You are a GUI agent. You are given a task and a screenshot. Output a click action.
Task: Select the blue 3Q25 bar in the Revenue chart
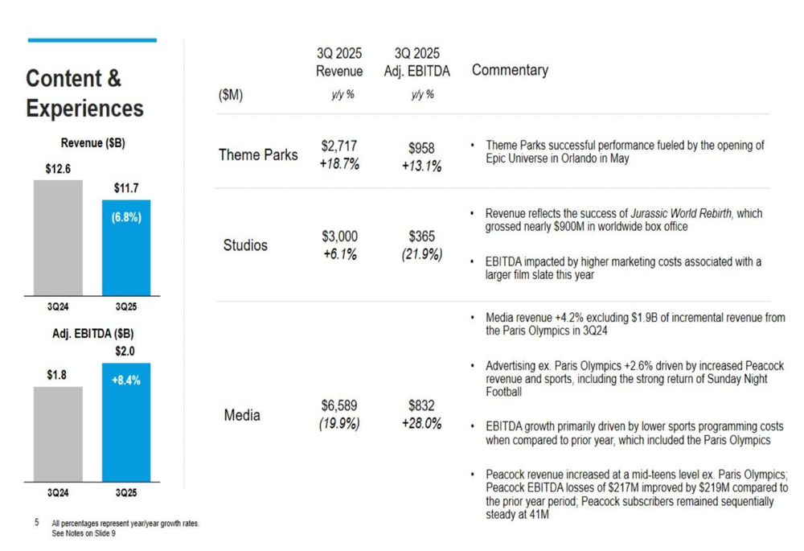pos(126,257)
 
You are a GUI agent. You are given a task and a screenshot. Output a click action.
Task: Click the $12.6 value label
pos(58,169)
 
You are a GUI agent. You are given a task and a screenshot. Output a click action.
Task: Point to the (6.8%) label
pos(126,218)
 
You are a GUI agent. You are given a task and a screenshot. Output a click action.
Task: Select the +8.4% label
pos(126,380)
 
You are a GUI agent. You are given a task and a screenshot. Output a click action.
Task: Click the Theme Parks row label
pos(258,155)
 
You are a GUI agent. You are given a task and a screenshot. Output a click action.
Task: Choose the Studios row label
pos(245,245)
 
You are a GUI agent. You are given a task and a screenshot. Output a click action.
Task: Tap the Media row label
pos(242,415)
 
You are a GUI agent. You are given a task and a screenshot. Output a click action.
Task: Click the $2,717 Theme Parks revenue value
pos(338,146)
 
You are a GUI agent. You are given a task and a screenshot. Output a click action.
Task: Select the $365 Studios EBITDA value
pos(422,236)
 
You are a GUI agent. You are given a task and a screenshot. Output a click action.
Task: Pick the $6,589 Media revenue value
pos(338,406)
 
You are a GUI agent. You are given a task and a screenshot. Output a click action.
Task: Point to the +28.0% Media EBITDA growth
pos(421,424)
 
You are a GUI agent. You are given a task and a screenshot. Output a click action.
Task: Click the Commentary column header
pos(510,70)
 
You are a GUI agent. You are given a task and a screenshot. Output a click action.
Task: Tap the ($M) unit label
pos(230,96)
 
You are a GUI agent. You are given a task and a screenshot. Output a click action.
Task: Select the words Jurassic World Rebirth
pos(681,214)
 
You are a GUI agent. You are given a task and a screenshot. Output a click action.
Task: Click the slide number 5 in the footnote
pos(36,523)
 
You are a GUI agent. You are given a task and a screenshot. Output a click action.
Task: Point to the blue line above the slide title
pos(92,40)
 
